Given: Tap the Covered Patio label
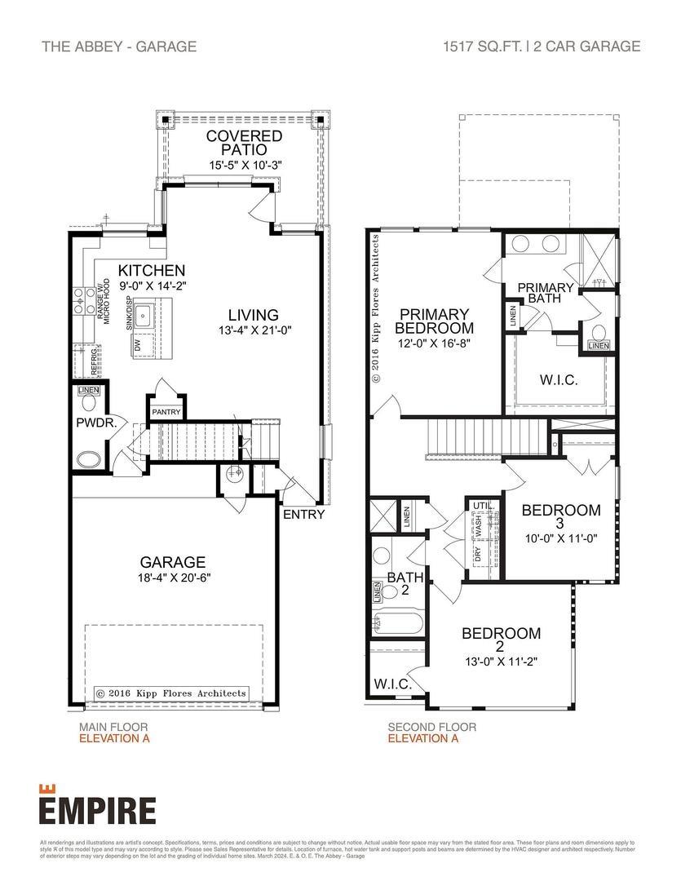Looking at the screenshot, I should (244, 143).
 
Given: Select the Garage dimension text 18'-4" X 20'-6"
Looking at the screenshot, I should (171, 578).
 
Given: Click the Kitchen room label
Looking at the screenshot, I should (151, 271).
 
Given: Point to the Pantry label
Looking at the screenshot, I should (166, 413).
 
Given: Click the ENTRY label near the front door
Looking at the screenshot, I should (303, 515).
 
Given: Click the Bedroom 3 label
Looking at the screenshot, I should (560, 517).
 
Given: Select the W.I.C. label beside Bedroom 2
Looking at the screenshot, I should (391, 684).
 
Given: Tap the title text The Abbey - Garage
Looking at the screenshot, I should (119, 46).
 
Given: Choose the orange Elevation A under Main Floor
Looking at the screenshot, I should (114, 739).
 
